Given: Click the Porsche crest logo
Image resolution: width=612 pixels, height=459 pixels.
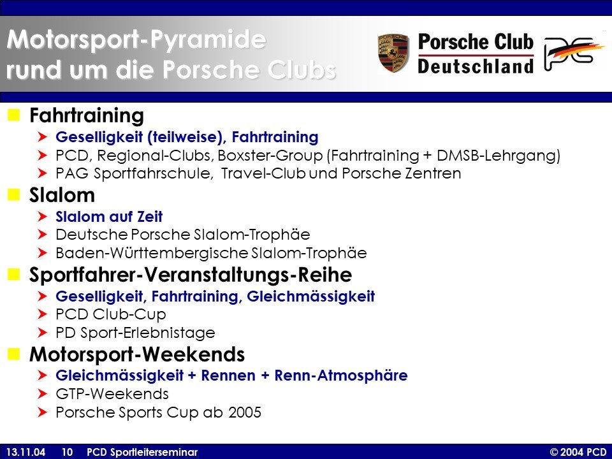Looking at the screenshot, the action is click(393, 53).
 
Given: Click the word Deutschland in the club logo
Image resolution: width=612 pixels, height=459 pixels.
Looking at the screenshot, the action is click(476, 66).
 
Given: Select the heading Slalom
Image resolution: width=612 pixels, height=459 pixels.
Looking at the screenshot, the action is click(62, 195).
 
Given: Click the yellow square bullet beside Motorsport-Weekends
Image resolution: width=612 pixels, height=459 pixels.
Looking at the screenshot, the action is click(13, 354).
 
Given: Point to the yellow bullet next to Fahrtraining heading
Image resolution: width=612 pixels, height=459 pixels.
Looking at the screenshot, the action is click(13, 115).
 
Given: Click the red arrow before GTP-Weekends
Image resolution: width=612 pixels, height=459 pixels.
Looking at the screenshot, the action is click(43, 394).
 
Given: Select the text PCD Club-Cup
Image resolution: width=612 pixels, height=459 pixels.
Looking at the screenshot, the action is click(111, 314).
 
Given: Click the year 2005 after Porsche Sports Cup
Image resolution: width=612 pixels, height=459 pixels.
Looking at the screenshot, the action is click(245, 412).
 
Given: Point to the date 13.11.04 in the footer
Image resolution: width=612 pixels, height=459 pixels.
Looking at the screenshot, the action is click(25, 452).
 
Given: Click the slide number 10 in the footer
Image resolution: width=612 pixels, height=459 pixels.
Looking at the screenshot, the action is click(67, 452).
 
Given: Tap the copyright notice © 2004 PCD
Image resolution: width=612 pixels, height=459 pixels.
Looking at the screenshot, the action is click(578, 452).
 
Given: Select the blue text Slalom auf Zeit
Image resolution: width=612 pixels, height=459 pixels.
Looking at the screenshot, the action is click(109, 217).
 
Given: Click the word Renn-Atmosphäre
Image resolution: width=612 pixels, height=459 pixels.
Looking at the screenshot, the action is click(341, 375).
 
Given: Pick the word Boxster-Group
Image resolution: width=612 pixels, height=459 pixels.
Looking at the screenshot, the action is click(270, 156).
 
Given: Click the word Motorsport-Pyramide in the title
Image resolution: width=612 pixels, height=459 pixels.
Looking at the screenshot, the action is click(136, 40).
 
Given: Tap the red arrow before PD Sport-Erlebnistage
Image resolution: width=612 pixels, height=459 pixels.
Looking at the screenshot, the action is click(43, 333).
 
